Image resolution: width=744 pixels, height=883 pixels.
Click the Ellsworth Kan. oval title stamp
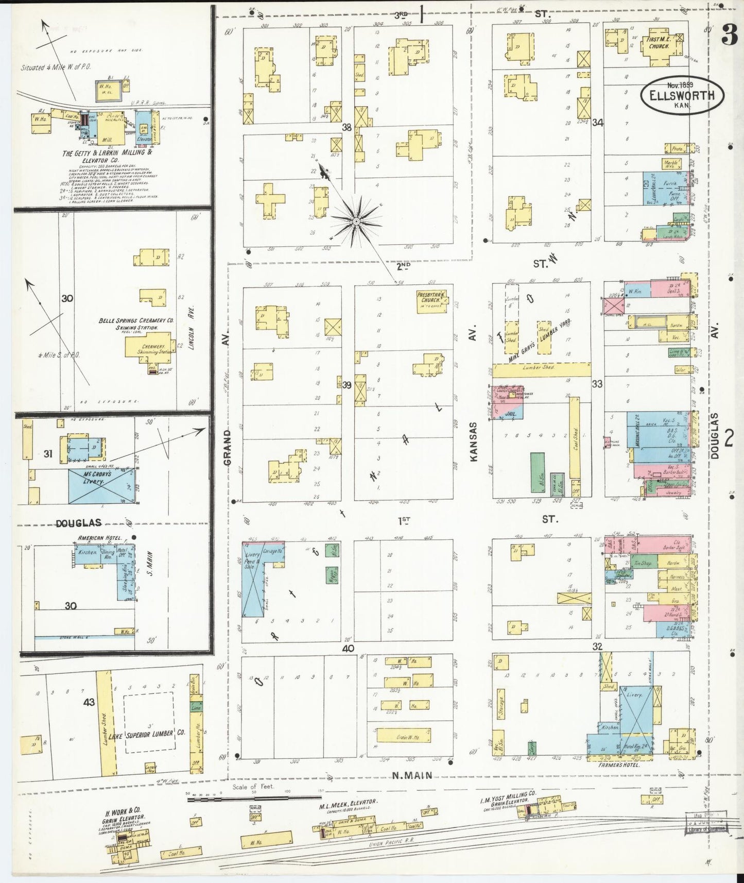tap(682, 96)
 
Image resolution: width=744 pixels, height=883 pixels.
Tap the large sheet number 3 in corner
tap(729, 35)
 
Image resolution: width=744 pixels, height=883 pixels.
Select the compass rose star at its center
tap(355, 221)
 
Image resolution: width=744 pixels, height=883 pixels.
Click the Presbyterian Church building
tap(431, 302)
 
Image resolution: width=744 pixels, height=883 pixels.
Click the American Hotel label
tap(99, 538)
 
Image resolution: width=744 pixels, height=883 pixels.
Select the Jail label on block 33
tap(511, 413)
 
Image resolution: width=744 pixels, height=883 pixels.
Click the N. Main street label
tap(411, 775)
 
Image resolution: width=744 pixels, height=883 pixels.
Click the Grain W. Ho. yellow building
tap(403, 735)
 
